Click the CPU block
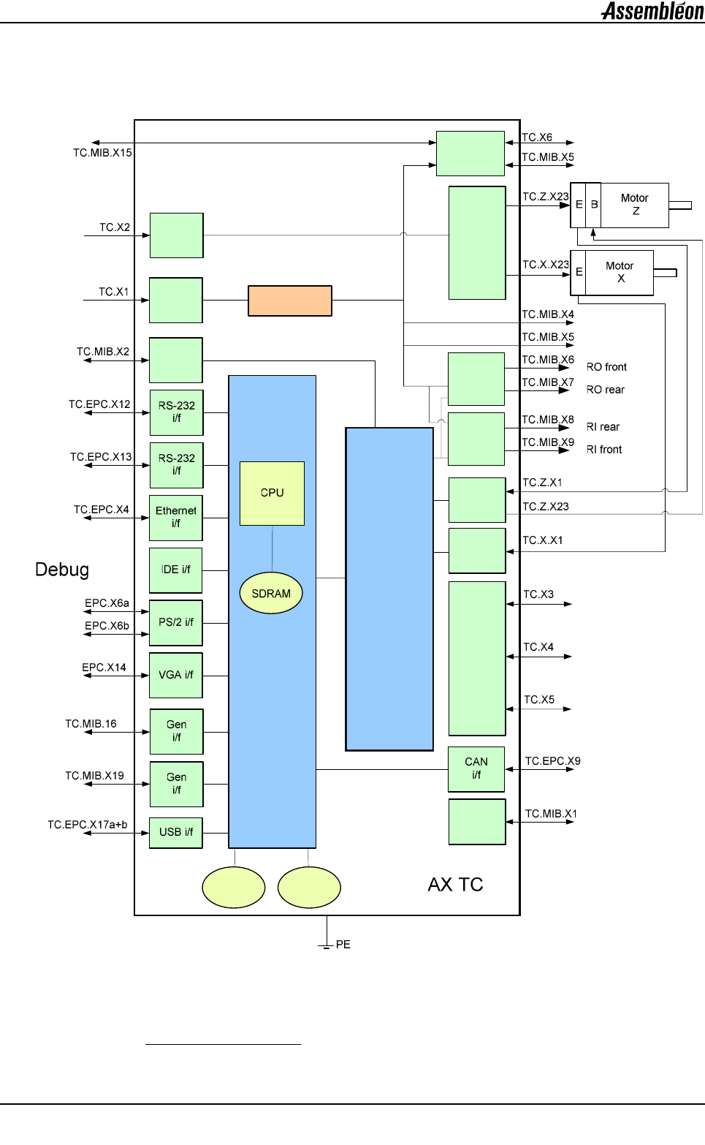click(x=272, y=493)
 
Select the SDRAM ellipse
click(x=271, y=593)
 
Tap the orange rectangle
click(x=290, y=301)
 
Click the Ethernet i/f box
click(x=176, y=517)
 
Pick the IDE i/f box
click(x=176, y=570)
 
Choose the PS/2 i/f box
click(x=176, y=622)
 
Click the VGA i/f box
click(x=176, y=675)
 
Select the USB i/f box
click(x=176, y=832)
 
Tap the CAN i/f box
click(x=476, y=768)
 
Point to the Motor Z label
click(x=634, y=204)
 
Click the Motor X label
click(x=620, y=272)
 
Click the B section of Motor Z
click(x=594, y=205)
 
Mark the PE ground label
click(x=343, y=945)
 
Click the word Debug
click(x=62, y=570)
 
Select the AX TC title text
click(x=455, y=885)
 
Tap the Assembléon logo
click(x=652, y=11)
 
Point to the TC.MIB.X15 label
click(x=102, y=153)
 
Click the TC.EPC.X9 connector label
click(x=552, y=761)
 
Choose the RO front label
click(x=606, y=367)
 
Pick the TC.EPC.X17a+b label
click(x=88, y=825)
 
